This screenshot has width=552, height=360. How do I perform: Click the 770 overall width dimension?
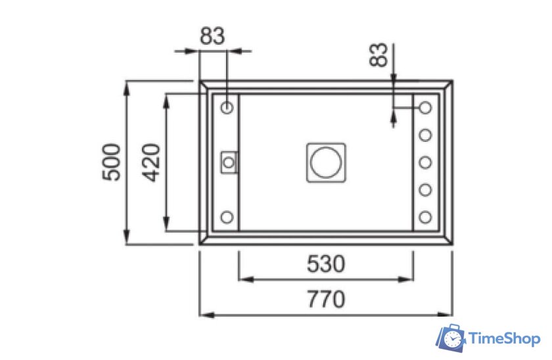(x=326, y=299)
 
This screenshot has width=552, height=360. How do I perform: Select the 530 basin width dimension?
(x=326, y=263)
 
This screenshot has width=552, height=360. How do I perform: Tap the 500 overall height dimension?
(x=111, y=162)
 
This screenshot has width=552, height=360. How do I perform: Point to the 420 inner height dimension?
(x=151, y=162)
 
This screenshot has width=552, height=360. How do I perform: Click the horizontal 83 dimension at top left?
(x=212, y=36)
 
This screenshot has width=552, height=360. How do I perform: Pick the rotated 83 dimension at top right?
(x=379, y=55)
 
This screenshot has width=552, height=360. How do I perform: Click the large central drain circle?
(x=326, y=162)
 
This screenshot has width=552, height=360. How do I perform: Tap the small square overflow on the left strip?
(x=229, y=162)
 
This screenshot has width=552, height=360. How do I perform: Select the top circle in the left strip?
(x=227, y=107)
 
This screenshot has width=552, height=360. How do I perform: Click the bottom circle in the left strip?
(x=227, y=217)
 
